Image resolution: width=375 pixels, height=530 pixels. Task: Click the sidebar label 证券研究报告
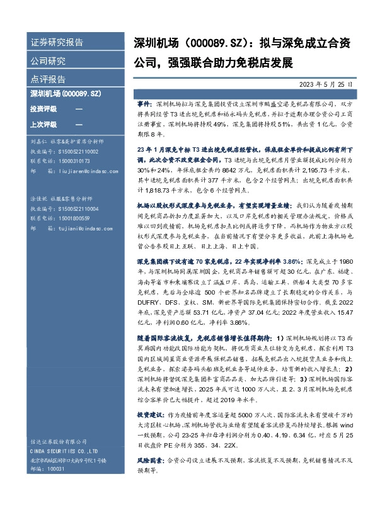coord(57,43)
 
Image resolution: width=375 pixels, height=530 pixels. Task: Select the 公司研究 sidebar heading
coord(48,61)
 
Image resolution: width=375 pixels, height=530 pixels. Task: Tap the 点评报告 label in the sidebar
coord(48,79)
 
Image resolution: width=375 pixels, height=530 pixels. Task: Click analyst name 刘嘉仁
coord(38,142)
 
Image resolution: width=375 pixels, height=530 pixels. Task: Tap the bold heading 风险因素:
coord(151,469)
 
